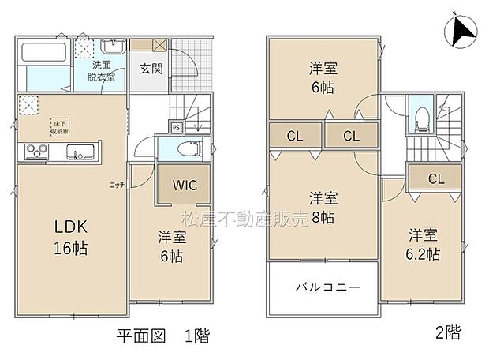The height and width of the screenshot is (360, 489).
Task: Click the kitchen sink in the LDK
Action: [x=80, y=151]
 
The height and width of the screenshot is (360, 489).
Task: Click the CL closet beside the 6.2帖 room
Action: [x=435, y=179]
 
